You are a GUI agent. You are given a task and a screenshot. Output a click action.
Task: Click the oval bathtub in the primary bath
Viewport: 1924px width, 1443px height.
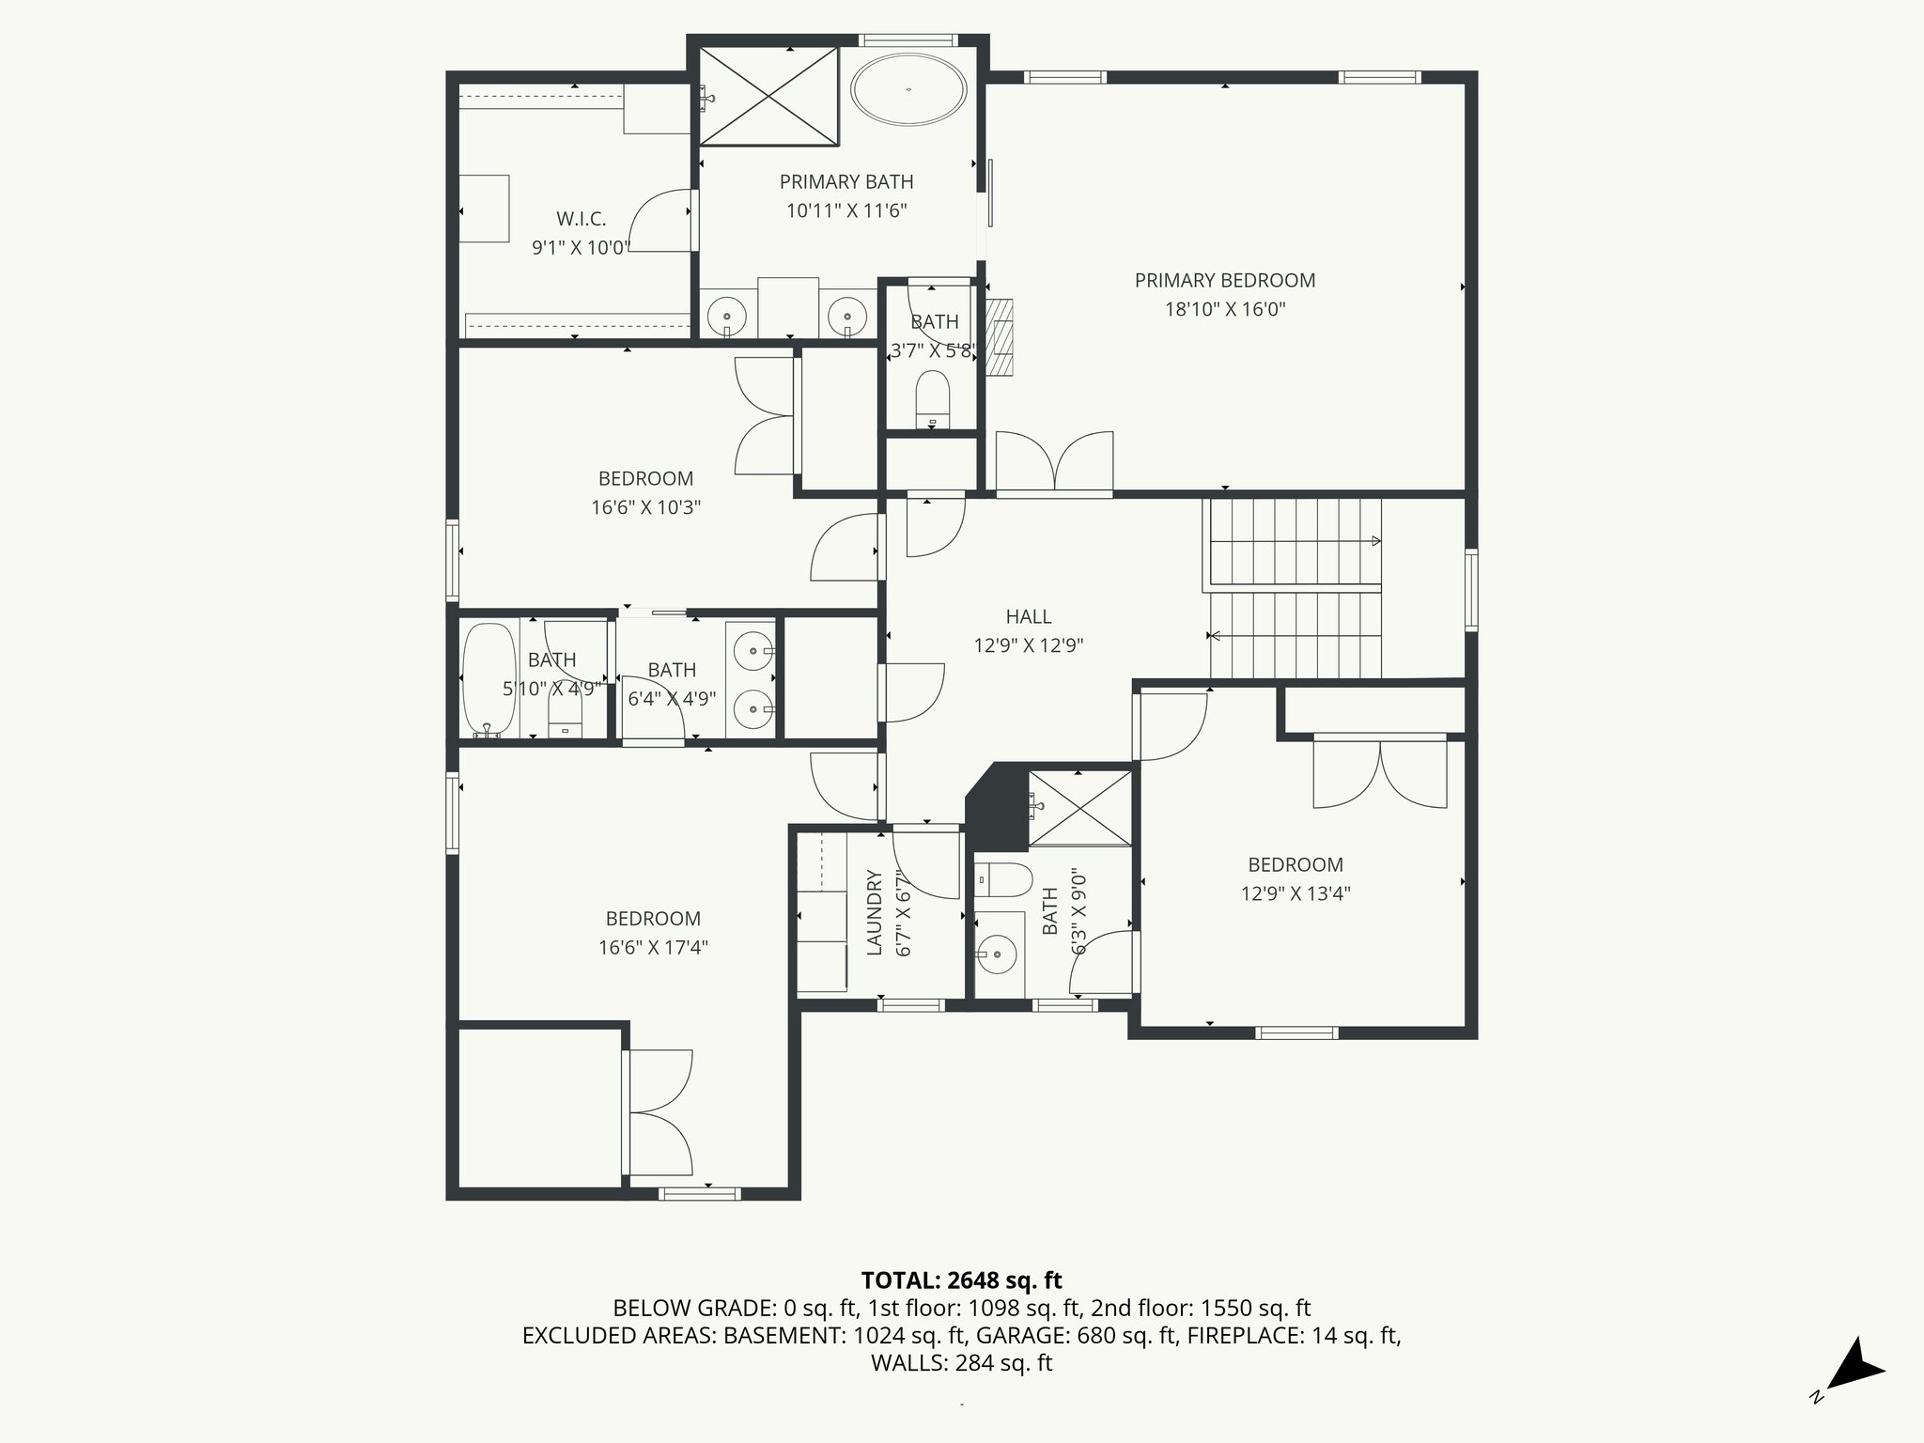tap(908, 89)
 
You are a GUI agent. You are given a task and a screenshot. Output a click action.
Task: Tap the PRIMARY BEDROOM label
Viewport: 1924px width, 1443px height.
tap(1224, 280)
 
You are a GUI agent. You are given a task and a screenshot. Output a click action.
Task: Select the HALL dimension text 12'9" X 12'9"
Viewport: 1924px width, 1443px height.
tap(1029, 645)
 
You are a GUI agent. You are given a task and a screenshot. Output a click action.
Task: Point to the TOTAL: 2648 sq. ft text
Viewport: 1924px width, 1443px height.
tap(961, 1280)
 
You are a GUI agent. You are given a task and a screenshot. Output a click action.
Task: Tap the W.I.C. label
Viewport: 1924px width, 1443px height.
tap(581, 219)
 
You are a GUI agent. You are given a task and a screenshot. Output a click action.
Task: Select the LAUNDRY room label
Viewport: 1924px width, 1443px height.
tap(874, 913)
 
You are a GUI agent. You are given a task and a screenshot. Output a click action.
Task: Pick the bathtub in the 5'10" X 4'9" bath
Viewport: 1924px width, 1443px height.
tap(489, 678)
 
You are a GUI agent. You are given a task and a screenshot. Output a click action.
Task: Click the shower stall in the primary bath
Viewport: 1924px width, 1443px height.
tap(768, 97)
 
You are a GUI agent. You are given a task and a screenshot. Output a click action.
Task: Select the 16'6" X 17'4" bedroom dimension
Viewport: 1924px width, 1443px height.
tap(653, 947)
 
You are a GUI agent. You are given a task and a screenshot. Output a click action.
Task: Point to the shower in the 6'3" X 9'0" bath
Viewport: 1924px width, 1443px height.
tap(1080, 808)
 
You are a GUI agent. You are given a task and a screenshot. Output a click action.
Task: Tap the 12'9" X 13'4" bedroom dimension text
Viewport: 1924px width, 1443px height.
tap(1296, 893)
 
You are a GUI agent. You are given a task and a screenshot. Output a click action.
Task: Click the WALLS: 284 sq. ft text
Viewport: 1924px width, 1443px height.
tap(961, 1363)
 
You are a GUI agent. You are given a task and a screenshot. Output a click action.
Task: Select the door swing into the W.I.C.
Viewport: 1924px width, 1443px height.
tap(661, 220)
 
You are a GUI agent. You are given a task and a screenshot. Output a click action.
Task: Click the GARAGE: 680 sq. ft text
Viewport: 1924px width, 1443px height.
tap(1077, 1335)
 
